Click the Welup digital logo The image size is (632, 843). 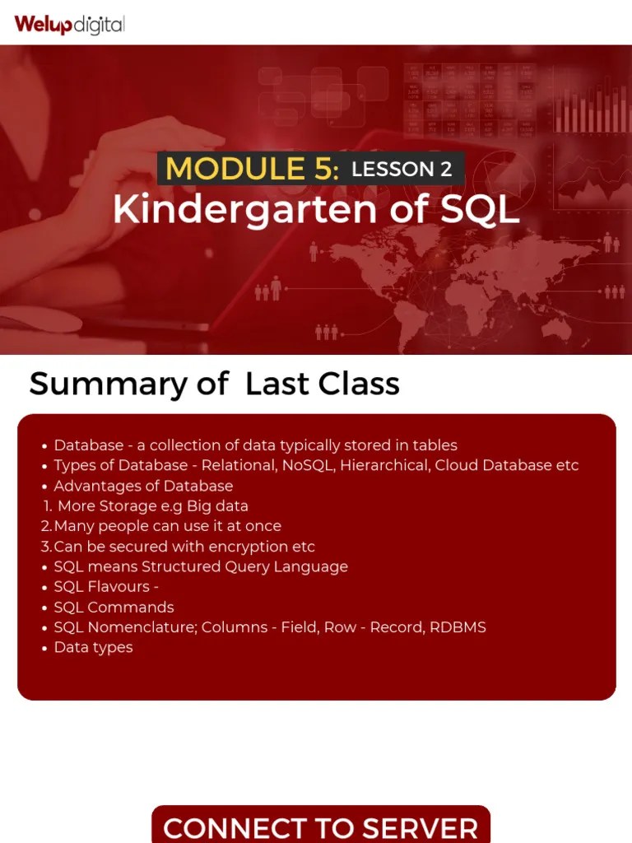coord(69,24)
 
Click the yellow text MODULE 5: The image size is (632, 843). coord(252,170)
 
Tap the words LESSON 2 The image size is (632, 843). coord(402,170)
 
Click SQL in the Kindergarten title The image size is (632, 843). coord(480,210)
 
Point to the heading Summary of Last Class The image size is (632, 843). coord(214,384)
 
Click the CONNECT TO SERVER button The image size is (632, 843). coord(320,827)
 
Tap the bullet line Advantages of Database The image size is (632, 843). coord(143,486)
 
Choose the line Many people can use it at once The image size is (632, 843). coord(167,526)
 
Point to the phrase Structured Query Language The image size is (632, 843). coord(244,566)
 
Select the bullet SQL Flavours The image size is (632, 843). coord(105,587)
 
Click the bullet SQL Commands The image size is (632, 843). coord(114,608)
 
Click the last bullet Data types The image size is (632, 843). coord(93,648)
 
